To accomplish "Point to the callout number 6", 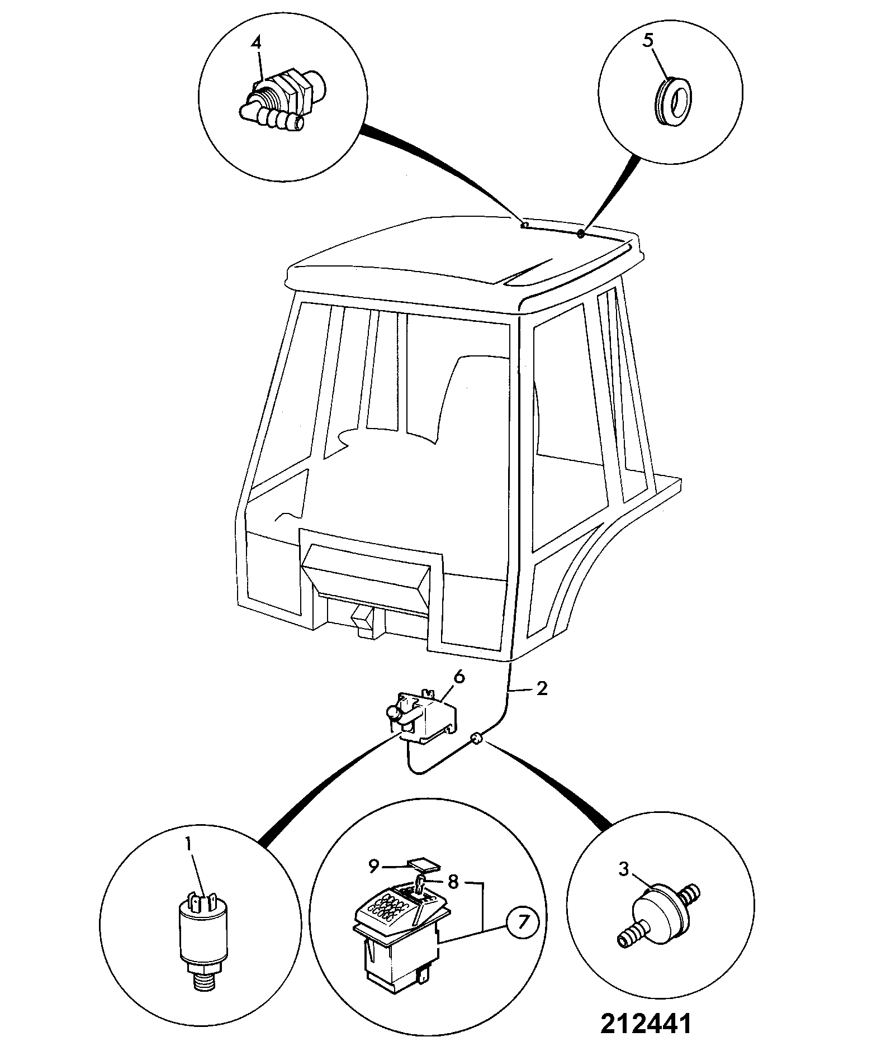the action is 459,677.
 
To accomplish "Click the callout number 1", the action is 189,860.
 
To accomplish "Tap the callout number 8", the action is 453,882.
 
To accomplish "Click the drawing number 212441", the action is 646,1024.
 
